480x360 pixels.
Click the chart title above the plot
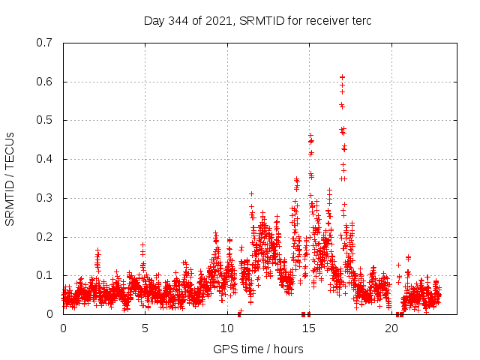(257, 21)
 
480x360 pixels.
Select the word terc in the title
(361, 21)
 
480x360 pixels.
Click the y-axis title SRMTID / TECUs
(10, 178)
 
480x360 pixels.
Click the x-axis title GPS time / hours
(257, 349)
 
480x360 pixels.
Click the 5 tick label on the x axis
(145, 328)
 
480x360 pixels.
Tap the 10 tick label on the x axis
(227, 328)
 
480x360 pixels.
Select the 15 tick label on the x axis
(309, 328)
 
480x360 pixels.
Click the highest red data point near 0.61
(342, 77)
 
